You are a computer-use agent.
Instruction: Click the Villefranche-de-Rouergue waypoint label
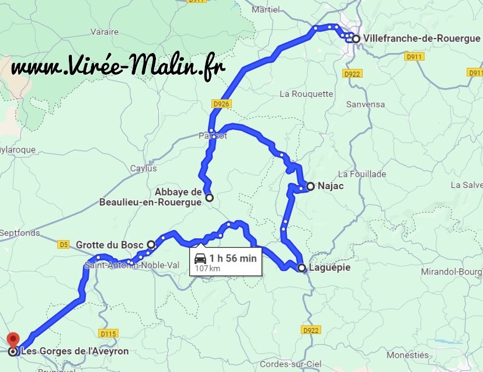point(421,39)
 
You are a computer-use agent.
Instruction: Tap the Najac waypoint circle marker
point(311,186)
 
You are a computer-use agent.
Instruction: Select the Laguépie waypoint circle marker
point(301,268)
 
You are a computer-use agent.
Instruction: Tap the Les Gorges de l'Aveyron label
point(74,352)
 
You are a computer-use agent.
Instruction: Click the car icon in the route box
point(200,259)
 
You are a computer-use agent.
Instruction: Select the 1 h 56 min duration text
point(233,258)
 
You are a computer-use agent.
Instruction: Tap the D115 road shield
point(108,334)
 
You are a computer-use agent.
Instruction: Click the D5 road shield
point(63,244)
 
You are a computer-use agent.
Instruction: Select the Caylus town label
point(144,168)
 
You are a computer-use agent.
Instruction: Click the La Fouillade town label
point(362,174)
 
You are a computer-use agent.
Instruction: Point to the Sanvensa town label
point(366,105)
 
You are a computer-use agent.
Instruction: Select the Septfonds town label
point(20,232)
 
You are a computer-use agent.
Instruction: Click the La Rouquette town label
point(306,93)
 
